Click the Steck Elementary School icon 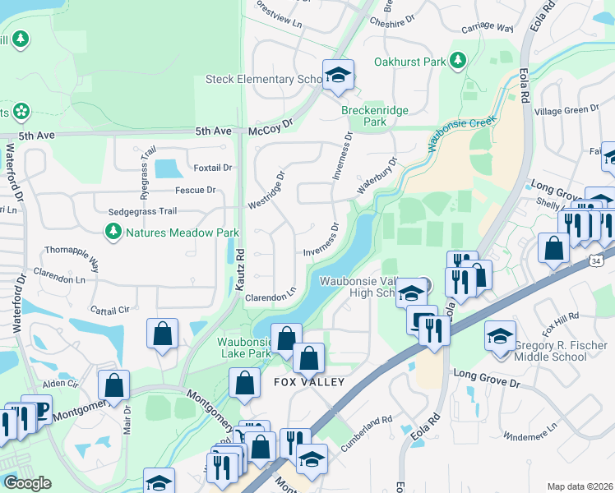pos(337,76)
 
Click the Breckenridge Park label pos(363,115)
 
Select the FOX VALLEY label pos(307,383)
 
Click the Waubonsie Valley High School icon pos(411,293)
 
